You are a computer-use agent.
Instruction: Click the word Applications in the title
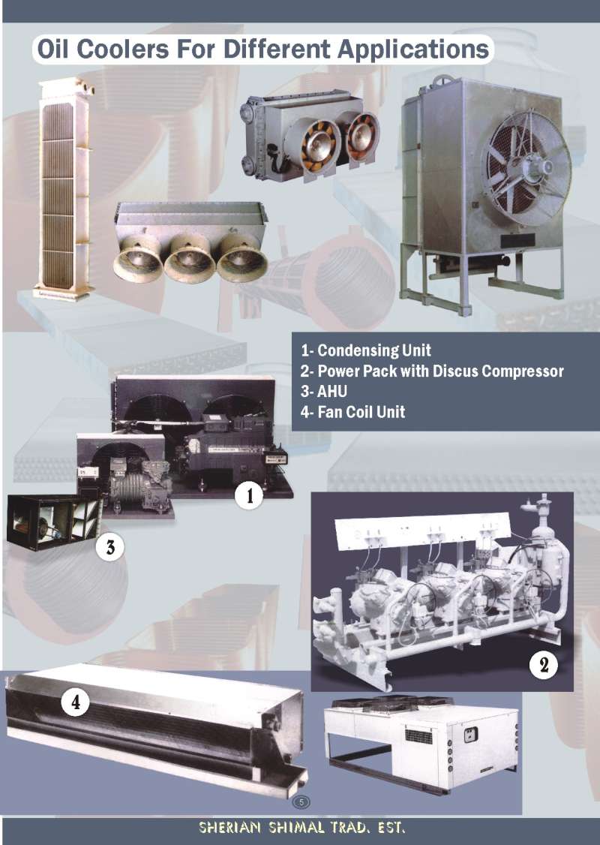click(x=413, y=50)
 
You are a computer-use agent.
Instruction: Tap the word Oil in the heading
click(x=52, y=49)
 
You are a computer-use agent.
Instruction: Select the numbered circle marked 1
click(x=249, y=495)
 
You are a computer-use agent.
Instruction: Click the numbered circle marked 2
click(x=543, y=665)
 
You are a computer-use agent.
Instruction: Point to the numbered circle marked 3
click(x=109, y=547)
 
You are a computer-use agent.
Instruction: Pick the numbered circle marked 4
click(x=76, y=702)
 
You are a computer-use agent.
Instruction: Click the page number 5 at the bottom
click(x=301, y=802)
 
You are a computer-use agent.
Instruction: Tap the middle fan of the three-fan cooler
click(x=190, y=257)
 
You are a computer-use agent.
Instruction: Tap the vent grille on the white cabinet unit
click(x=418, y=735)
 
